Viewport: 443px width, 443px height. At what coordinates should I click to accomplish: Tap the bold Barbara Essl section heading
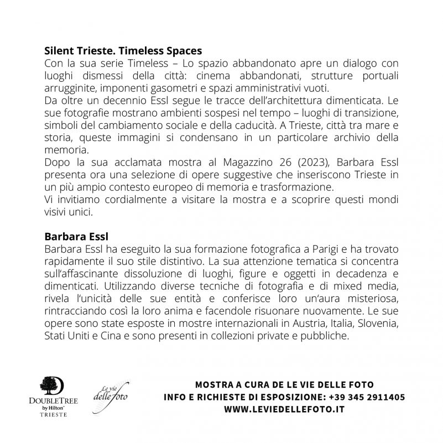pos(72,237)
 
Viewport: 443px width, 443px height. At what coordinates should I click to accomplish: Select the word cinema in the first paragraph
pos(232,77)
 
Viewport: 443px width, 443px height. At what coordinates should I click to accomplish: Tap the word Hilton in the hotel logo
pos(57,407)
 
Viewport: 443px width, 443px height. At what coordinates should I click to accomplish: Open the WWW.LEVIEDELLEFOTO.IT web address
pos(284,410)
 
